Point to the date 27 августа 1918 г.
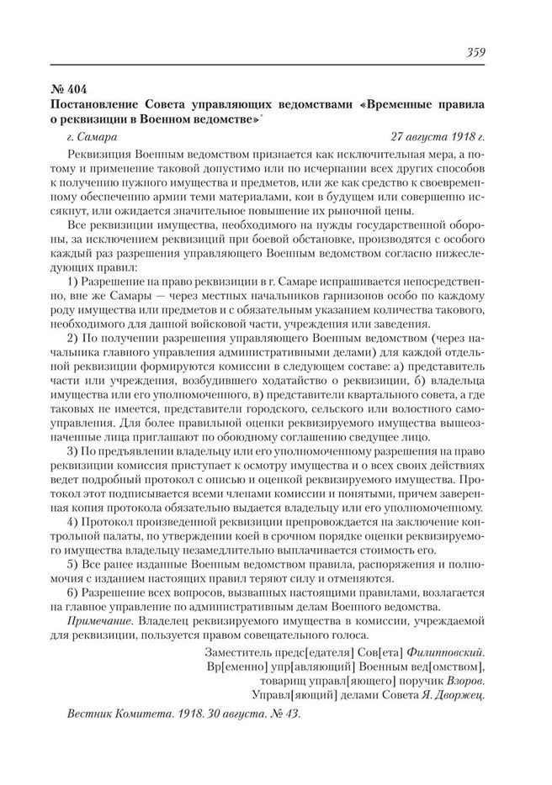[x=438, y=134]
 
